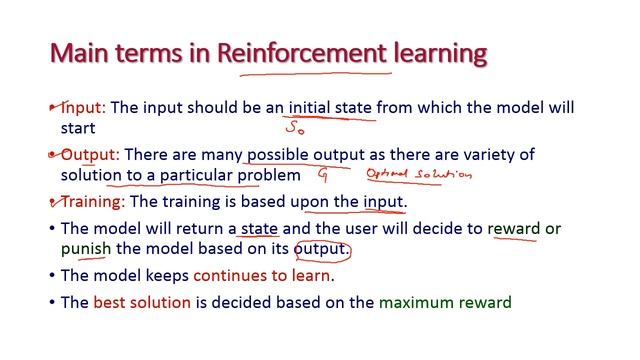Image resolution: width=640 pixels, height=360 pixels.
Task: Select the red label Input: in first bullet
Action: [84, 107]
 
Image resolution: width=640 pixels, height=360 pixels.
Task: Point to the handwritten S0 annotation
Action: [294, 127]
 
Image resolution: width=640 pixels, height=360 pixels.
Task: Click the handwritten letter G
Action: [323, 174]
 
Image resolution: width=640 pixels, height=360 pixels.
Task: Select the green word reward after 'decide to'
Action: [513, 228]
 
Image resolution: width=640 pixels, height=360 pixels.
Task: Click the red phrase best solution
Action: [141, 301]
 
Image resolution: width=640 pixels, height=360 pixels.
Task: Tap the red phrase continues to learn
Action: [263, 275]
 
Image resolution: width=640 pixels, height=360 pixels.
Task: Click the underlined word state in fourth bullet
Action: [258, 228]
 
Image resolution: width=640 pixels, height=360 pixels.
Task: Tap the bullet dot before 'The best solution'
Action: [51, 302]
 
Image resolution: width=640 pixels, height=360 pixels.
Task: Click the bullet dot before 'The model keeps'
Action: [51, 276]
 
